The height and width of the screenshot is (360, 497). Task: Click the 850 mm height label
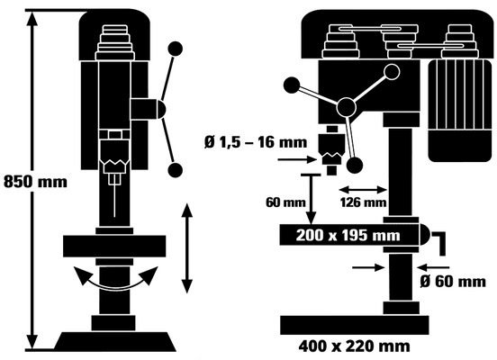35,182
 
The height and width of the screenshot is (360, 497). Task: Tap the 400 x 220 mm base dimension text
354,346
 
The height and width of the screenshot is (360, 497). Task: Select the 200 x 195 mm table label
348,236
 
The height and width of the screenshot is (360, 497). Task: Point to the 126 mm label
363,202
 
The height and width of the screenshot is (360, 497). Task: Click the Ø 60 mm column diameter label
453,282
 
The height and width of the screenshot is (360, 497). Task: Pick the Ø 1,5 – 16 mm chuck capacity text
256,142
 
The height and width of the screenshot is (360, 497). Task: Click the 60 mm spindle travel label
285,202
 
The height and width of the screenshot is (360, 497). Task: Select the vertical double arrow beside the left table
187,248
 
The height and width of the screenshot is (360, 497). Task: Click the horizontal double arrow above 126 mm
363,190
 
